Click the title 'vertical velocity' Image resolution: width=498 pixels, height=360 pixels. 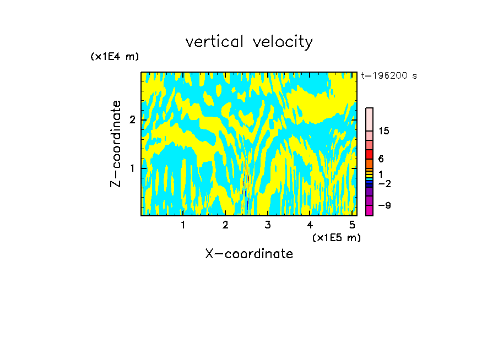point(249,42)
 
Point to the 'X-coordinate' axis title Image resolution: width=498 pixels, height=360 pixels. point(249,254)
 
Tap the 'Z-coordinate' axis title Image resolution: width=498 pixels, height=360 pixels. point(116,144)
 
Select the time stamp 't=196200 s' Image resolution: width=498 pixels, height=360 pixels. point(388,76)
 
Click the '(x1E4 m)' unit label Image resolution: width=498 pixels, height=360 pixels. point(115,57)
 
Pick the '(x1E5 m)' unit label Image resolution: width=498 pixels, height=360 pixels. point(336,238)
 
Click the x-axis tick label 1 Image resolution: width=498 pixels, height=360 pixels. point(183,225)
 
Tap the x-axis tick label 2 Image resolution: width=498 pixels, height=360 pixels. point(225,225)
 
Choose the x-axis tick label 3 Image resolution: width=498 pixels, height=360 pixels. point(268,225)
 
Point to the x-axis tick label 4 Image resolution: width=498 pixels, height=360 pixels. point(310,225)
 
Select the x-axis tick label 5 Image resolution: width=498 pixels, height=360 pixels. point(352,225)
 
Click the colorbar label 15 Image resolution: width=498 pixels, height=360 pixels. point(384,132)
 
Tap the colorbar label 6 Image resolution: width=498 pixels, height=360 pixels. point(381,159)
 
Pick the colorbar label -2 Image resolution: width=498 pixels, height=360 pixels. point(384,184)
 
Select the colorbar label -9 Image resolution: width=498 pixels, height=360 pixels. point(384,206)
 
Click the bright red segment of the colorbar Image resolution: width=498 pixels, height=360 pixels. point(369,154)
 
